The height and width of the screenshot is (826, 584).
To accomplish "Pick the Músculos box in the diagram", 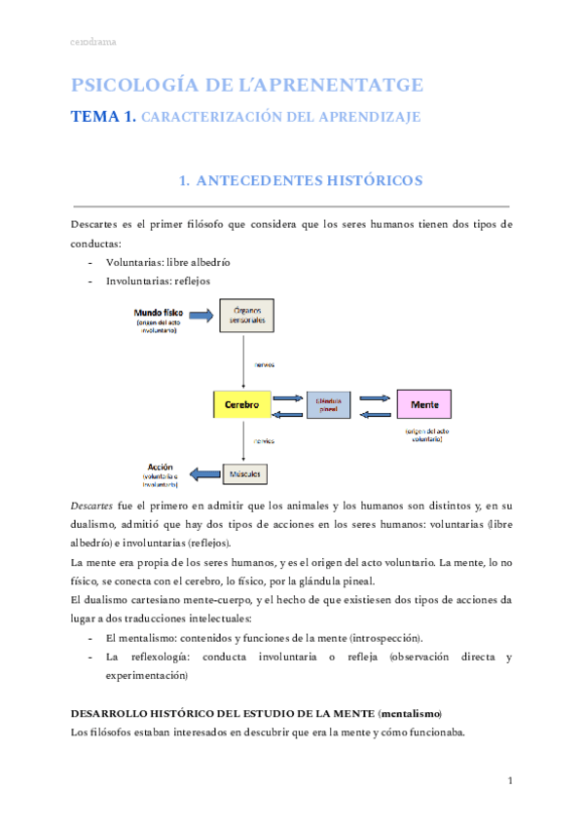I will pos(241,473).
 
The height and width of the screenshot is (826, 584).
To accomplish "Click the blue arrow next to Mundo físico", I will pos(200,315).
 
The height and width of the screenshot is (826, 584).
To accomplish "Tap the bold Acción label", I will pos(160,466).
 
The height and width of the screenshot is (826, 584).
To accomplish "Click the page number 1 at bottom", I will pos(510,781).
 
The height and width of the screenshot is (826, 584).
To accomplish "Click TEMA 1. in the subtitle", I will pos(103,117).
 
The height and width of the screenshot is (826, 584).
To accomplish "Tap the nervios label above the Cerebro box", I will pos(264,364).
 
